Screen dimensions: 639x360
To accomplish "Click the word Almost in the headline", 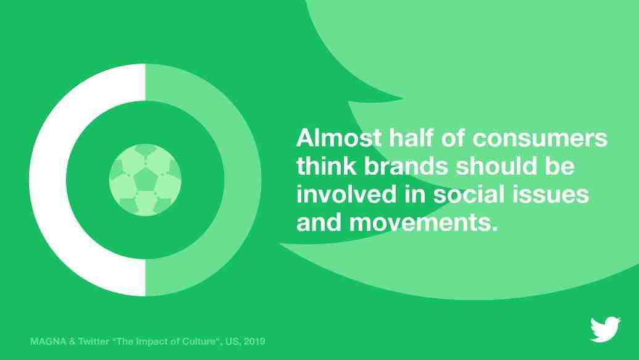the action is [339, 138].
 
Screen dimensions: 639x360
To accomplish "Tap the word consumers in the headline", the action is [540, 138].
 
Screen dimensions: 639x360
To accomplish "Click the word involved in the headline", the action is [346, 194].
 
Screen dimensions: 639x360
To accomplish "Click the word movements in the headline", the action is [424, 222].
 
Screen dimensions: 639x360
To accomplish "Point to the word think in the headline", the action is [327, 165].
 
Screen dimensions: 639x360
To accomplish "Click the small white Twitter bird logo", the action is [606, 329].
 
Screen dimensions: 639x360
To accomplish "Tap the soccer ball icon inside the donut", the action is [145, 180].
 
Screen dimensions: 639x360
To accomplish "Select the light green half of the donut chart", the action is [243, 180].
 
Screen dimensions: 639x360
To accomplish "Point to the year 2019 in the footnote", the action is [254, 341].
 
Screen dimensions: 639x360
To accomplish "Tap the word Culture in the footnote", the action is [198, 341].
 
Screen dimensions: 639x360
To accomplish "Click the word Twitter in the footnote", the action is [94, 341].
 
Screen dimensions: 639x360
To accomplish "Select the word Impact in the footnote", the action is [151, 341].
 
